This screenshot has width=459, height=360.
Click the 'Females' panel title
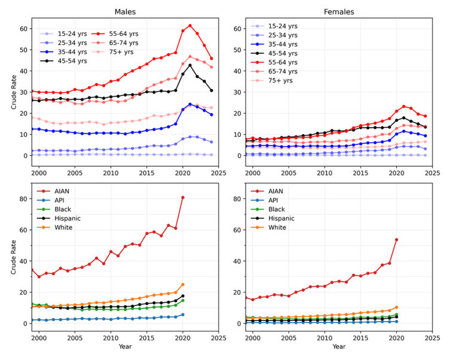pos(338,11)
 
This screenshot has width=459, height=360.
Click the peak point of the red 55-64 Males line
pos(190,26)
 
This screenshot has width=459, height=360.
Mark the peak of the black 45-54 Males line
pos(190,65)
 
